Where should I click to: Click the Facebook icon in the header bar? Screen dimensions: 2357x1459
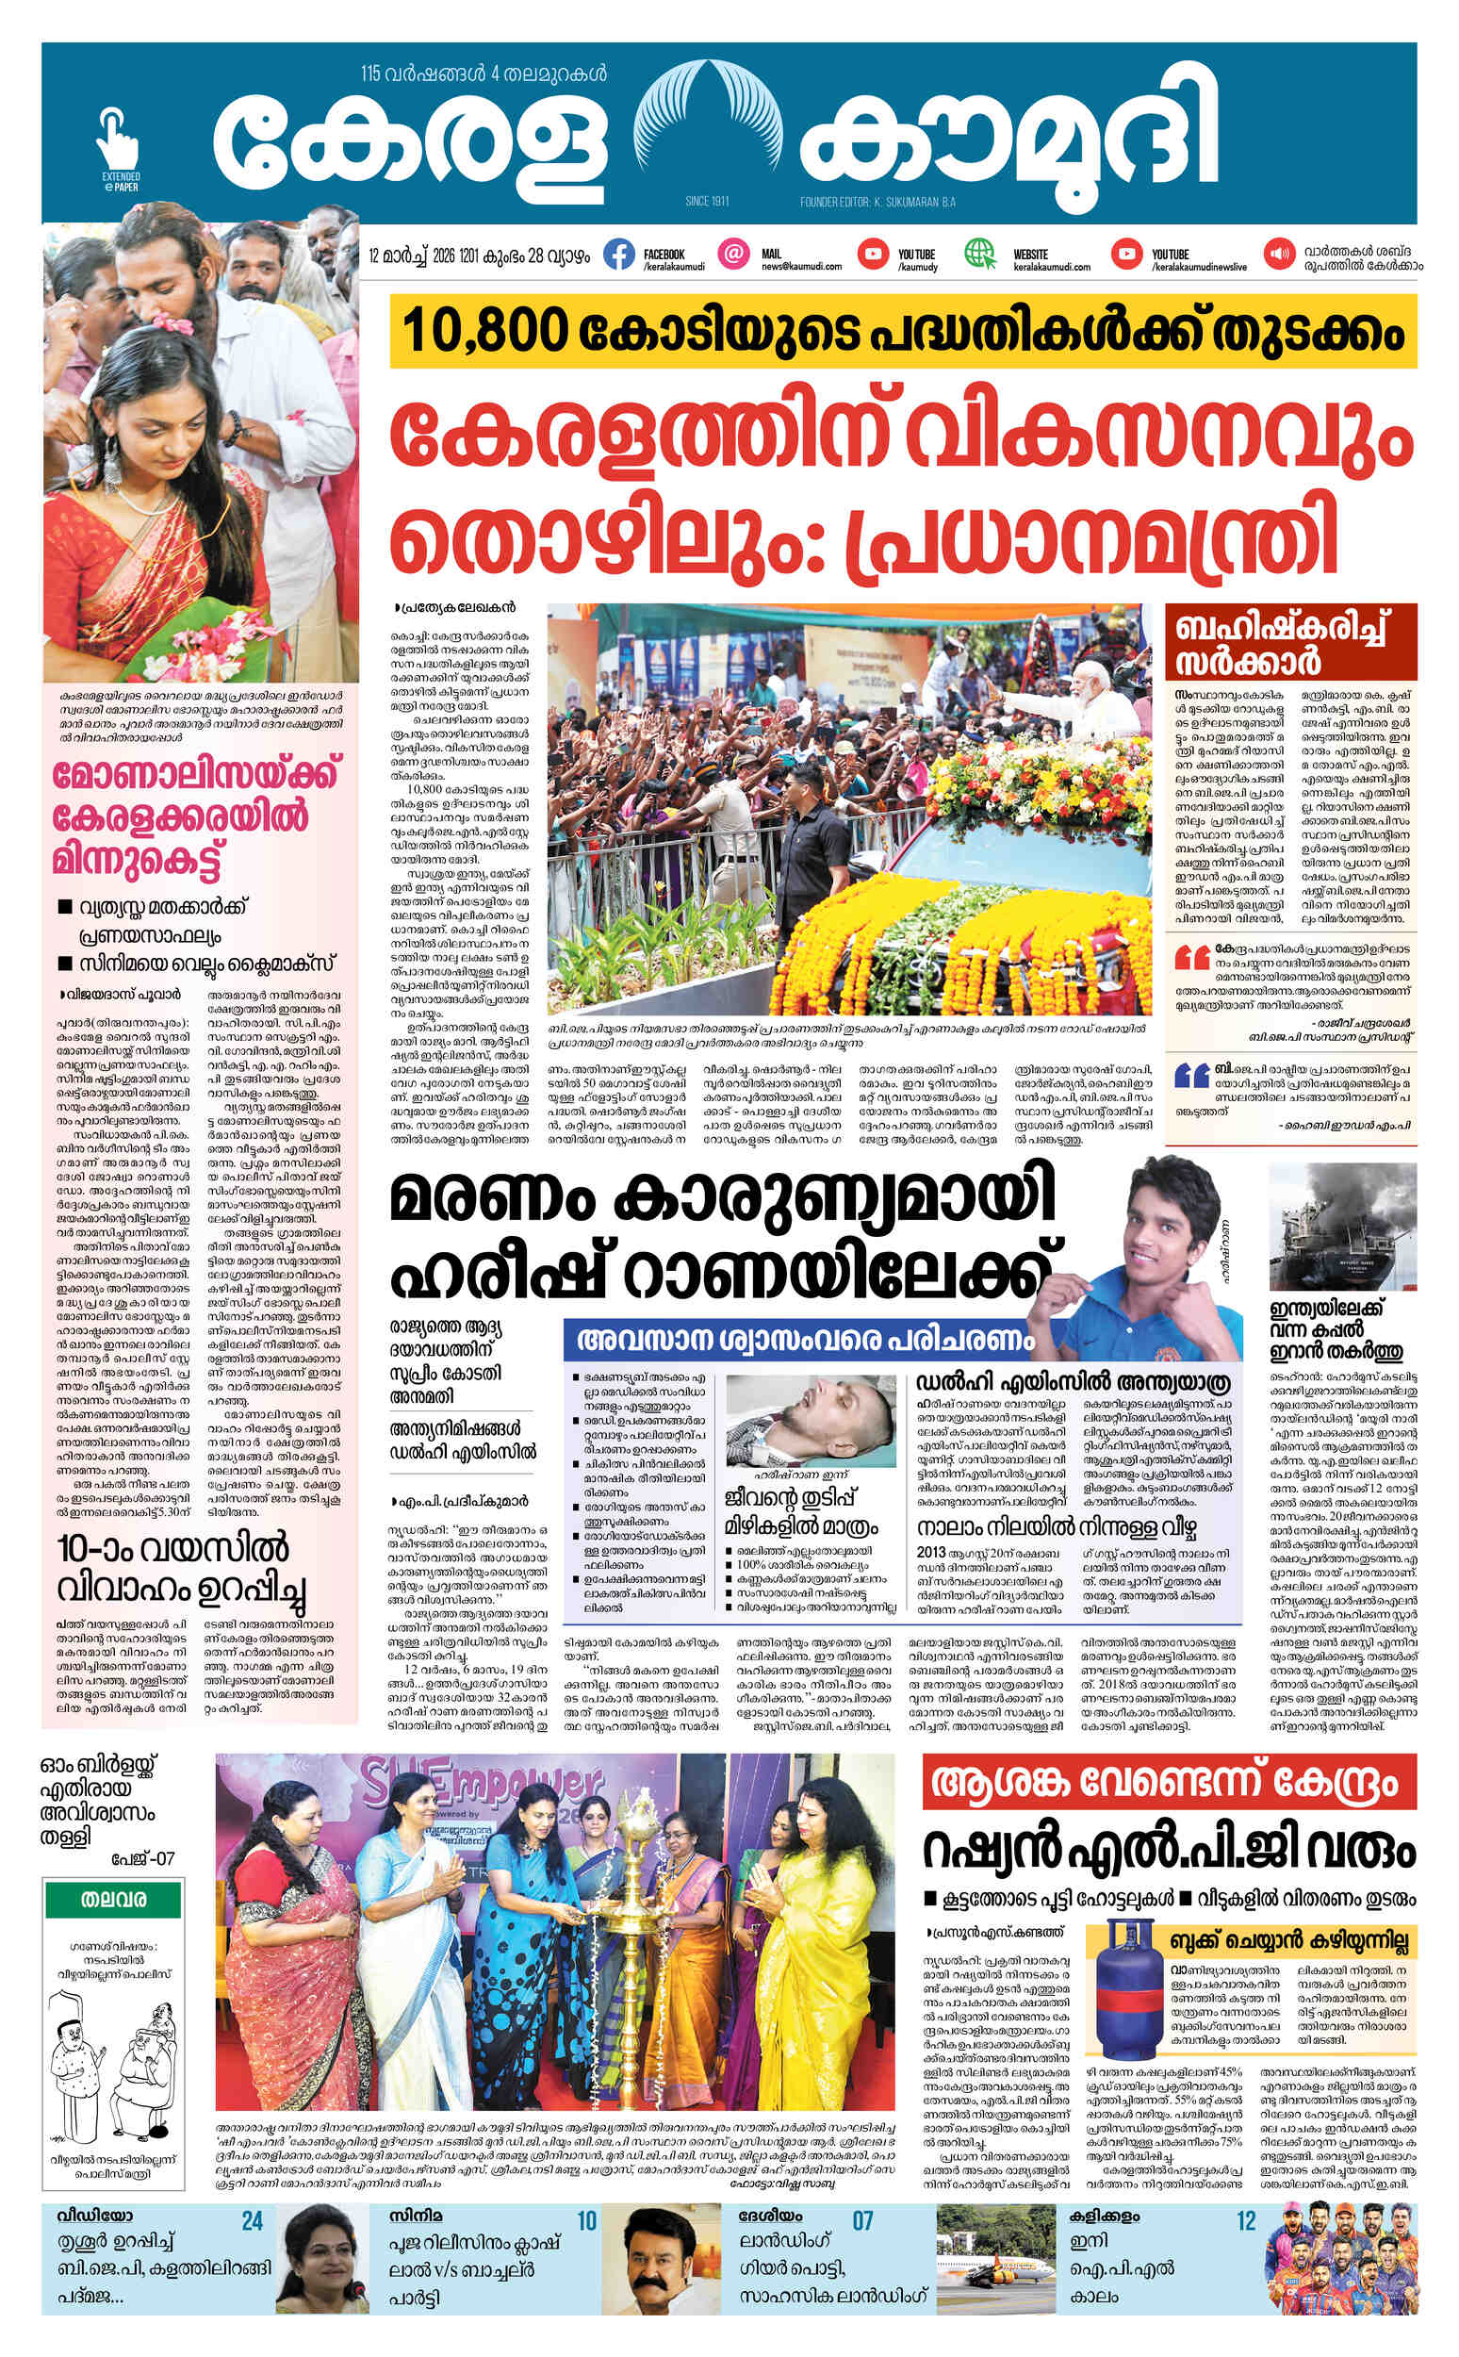618,254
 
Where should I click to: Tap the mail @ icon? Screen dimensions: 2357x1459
735,254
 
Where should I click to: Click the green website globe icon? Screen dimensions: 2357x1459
980,254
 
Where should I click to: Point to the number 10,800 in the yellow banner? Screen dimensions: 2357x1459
484,332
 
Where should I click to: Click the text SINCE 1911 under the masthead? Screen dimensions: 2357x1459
706,202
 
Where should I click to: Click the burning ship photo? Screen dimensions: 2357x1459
1342,1227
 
